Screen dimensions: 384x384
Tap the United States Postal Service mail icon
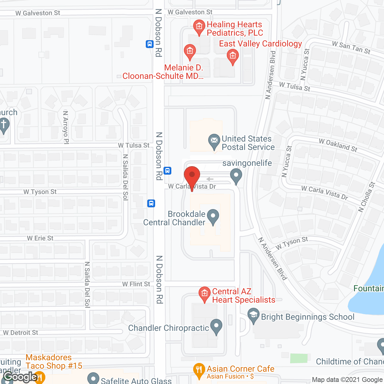click(x=214, y=141)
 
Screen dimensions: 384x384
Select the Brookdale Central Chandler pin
click(x=213, y=216)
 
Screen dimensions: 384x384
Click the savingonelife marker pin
click(x=236, y=175)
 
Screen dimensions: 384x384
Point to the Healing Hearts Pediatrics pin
click(x=199, y=27)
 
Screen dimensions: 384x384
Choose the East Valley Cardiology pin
click(x=232, y=56)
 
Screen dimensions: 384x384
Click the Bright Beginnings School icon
click(x=253, y=316)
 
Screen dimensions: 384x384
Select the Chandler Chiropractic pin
click(x=216, y=326)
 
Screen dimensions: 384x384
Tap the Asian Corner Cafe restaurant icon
click(x=199, y=370)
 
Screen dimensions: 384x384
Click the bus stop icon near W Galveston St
click(x=150, y=44)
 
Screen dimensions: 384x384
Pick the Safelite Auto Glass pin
click(x=93, y=379)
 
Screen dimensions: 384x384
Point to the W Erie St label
click(x=40, y=238)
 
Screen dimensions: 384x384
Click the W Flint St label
click(x=136, y=284)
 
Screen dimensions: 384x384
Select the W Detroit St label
click(x=21, y=333)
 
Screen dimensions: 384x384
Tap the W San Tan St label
click(x=351, y=48)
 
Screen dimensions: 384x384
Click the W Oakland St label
click(x=338, y=145)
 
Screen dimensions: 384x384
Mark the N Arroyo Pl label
click(x=66, y=127)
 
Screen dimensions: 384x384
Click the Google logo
click(x=20, y=377)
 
